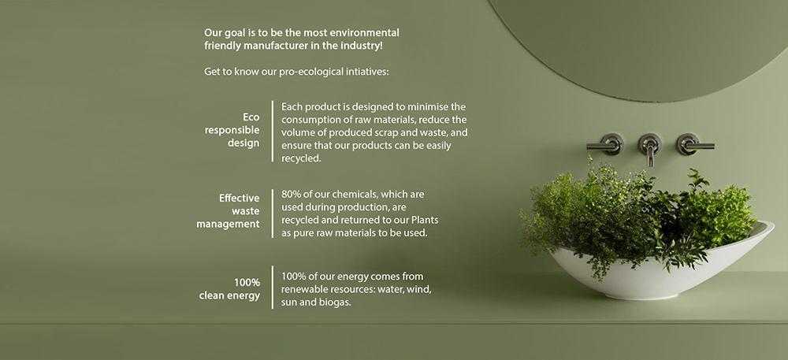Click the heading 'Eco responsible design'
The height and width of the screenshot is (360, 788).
point(232,130)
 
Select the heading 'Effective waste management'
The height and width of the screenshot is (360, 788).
point(229,211)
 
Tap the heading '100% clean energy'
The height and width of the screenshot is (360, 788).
point(229,288)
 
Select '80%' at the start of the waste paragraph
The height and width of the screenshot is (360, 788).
point(291,194)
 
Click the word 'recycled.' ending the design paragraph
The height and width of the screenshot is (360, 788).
point(301,158)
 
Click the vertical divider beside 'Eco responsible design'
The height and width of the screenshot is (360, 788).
point(273,131)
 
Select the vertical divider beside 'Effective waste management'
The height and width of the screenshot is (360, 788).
point(273,213)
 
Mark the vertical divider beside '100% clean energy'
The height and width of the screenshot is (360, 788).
point(273,288)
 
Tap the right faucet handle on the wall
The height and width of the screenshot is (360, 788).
point(693,145)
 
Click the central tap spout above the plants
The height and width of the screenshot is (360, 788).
point(650,149)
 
